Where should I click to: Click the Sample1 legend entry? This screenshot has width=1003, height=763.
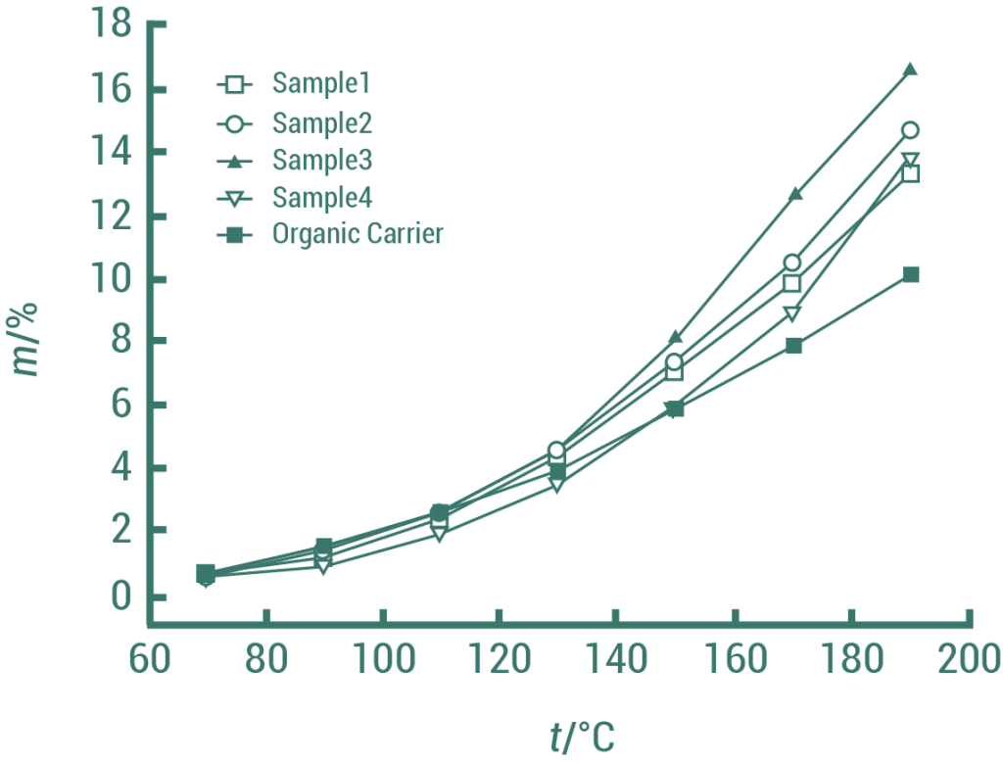point(321,84)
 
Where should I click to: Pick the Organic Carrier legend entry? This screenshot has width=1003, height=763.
point(358,235)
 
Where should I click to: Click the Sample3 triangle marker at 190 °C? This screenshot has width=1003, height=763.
point(910,69)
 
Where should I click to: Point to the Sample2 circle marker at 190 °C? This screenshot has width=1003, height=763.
point(910,130)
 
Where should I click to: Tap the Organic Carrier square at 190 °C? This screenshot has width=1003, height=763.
point(911,274)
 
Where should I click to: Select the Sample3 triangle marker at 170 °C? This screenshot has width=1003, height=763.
point(794,194)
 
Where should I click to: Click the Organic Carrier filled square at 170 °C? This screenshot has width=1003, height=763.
point(793,345)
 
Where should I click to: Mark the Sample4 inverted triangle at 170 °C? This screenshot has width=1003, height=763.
point(793,313)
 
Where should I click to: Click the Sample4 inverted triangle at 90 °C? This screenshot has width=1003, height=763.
point(323,566)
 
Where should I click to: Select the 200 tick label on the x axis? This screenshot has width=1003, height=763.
point(967,658)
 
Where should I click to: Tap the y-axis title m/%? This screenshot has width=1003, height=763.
point(28,339)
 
